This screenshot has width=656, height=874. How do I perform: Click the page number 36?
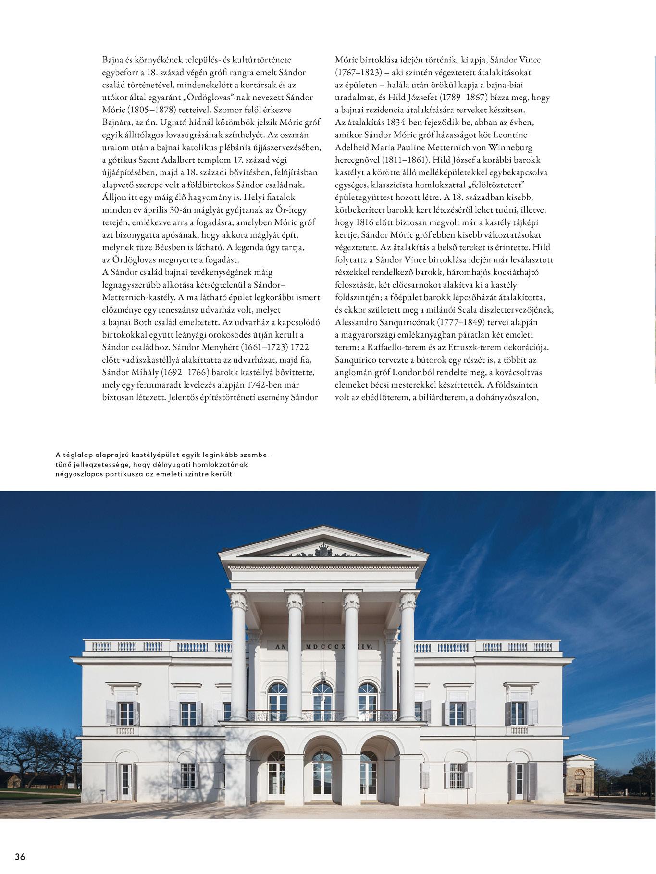20,856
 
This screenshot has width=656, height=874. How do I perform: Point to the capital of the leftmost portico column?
238,601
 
